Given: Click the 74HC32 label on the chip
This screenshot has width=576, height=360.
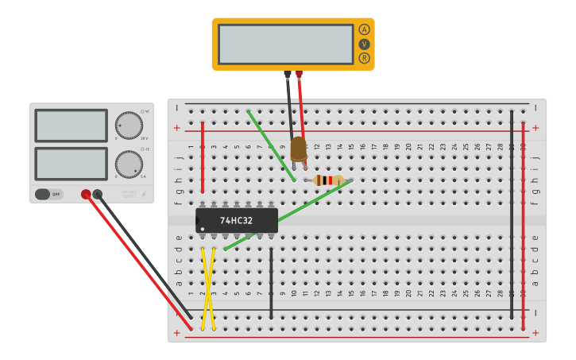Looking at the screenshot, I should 236,220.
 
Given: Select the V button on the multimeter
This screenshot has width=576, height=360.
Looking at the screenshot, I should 365,44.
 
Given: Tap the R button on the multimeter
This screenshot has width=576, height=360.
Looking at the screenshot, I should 365,58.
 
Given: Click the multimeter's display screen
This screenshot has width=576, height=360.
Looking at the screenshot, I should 285,44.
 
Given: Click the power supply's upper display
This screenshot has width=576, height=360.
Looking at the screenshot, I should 71,126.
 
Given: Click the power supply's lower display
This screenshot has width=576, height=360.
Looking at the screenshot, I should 71,163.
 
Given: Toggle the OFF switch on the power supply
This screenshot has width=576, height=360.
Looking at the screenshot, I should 48,194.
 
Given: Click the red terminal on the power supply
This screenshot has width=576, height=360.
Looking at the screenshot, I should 86,194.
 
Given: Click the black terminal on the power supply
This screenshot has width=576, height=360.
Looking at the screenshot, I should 98,194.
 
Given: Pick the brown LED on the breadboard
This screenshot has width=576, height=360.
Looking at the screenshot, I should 298,149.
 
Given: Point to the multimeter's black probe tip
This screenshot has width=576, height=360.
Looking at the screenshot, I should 288,75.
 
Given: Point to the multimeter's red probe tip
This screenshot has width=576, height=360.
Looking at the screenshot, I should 299,75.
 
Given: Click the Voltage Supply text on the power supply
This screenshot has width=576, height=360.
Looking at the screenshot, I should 128,193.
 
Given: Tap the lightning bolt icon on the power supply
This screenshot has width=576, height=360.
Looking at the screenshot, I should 144,193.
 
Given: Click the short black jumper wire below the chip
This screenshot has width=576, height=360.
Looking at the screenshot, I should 272,282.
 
